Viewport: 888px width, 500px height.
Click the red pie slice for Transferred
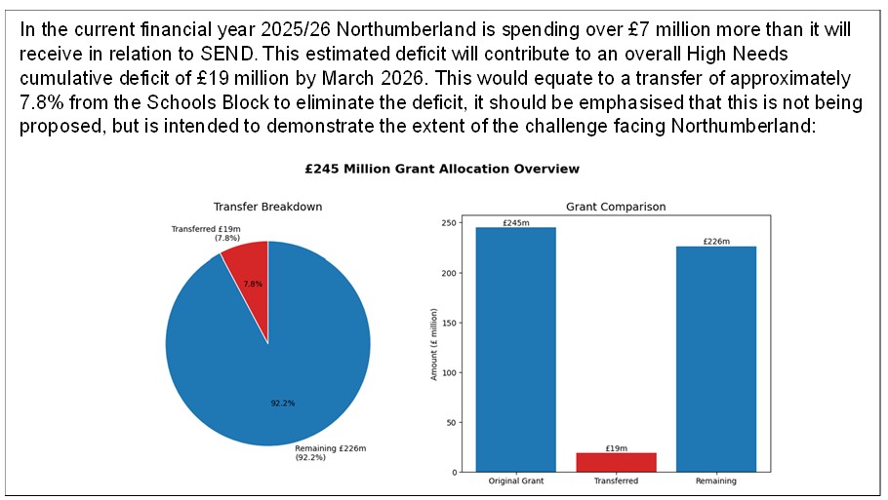coord(249,277)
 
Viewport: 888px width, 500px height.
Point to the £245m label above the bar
coord(515,222)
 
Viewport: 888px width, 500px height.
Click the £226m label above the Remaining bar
coord(715,241)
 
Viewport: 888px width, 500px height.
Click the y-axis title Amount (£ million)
coord(434,346)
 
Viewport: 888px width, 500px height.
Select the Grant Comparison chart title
coord(616,207)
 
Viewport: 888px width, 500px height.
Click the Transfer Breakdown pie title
coord(267,207)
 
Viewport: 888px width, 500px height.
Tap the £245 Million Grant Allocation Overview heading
coord(442,169)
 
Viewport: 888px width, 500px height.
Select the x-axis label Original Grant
coord(515,481)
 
